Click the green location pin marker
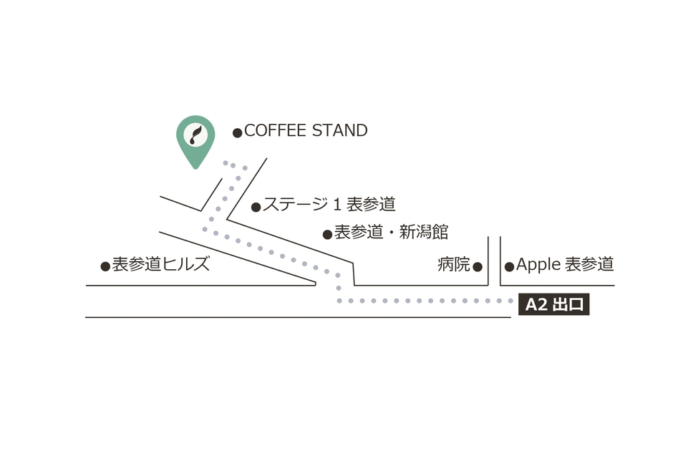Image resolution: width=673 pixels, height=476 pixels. (x=195, y=140)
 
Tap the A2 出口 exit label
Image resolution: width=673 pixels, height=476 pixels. (x=553, y=305)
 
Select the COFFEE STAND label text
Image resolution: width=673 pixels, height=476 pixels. (x=306, y=131)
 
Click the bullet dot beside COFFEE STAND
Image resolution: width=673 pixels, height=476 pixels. (x=238, y=132)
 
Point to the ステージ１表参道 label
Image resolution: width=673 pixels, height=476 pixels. (x=329, y=205)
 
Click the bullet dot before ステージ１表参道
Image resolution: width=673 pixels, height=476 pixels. (x=256, y=208)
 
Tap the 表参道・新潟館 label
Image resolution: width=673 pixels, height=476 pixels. (x=391, y=232)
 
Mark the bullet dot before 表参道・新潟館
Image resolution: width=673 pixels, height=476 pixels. (x=327, y=234)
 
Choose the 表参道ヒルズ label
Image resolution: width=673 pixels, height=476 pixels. (x=161, y=264)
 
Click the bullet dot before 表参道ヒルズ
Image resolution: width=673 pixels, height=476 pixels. (x=105, y=266)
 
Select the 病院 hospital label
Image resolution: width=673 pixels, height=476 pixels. (x=454, y=265)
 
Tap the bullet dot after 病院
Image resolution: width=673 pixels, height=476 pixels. (x=478, y=267)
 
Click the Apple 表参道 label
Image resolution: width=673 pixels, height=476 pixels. (x=565, y=264)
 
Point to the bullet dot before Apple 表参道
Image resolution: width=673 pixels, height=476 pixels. (x=509, y=267)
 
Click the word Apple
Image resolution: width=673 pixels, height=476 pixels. (x=538, y=265)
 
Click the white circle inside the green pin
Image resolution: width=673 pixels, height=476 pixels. (x=195, y=134)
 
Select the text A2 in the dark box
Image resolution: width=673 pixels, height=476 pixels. (x=536, y=305)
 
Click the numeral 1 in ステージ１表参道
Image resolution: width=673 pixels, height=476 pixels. (x=336, y=205)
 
